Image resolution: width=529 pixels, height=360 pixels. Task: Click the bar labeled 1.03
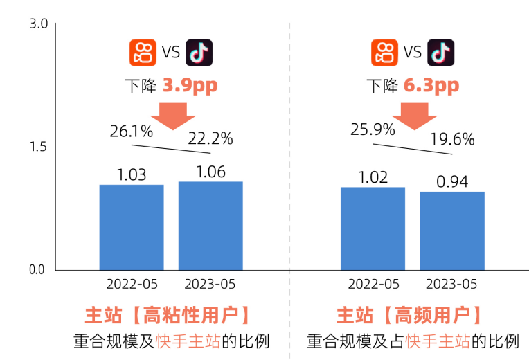132,227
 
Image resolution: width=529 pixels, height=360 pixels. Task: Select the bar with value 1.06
210,226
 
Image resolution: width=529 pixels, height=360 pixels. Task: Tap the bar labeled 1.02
373,228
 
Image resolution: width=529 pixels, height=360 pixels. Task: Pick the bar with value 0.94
452,231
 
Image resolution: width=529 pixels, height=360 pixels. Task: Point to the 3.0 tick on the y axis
37,24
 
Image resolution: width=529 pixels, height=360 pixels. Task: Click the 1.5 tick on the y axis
37,147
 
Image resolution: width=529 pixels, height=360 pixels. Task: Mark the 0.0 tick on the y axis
37,270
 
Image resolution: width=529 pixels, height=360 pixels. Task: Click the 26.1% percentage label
127,129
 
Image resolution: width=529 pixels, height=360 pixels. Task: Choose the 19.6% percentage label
451,139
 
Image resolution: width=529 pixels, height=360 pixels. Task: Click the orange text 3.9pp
190,86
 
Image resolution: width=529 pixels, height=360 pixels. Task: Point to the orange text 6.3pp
431,86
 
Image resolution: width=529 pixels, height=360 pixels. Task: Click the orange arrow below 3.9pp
173,115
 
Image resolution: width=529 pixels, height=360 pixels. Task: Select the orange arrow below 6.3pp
415,115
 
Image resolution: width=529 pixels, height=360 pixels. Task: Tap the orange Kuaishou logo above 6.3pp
384,53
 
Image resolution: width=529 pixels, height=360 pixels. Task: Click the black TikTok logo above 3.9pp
199,53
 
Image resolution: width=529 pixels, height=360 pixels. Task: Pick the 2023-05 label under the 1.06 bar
210,285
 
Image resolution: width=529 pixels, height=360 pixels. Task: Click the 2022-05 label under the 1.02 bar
373,285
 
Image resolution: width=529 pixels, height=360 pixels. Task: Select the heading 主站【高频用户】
412,316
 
